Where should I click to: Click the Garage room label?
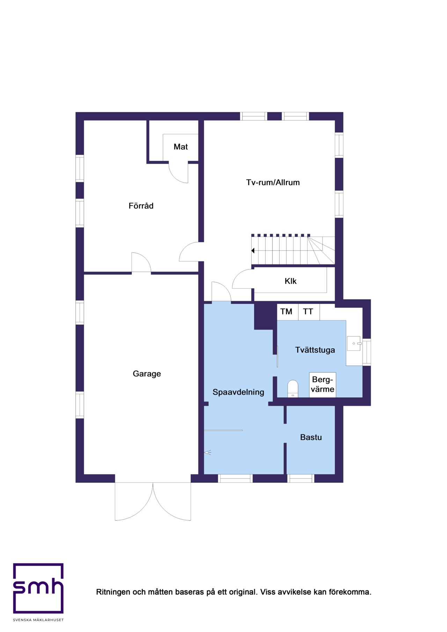click(147, 374)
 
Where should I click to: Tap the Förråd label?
click(141, 206)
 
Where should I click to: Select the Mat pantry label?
click(181, 147)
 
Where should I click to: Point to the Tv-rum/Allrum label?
click(273, 183)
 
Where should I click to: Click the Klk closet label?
click(291, 281)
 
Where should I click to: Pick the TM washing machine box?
click(287, 312)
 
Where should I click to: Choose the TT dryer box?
click(309, 312)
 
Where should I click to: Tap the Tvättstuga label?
click(315, 350)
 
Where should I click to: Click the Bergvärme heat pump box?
click(323, 385)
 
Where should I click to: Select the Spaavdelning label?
click(238, 392)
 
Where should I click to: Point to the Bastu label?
click(311, 437)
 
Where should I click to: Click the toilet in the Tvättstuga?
click(293, 389)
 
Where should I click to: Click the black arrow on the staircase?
click(253, 251)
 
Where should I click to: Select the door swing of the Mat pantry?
click(178, 172)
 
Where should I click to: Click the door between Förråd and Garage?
click(141, 262)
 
